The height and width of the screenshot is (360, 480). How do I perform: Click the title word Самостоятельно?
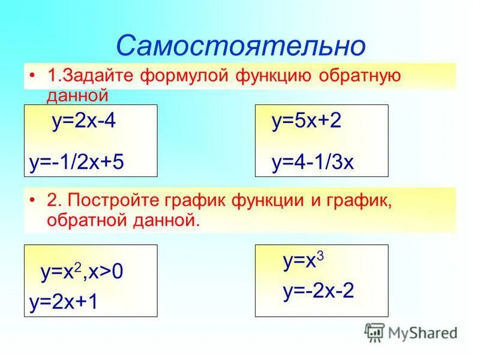click(x=240, y=46)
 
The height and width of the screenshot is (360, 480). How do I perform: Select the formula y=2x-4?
click(x=83, y=122)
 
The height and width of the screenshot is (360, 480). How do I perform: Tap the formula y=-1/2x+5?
click(x=76, y=162)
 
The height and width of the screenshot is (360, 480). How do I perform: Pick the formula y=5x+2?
click(x=306, y=122)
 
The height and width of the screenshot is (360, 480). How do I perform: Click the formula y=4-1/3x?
click(x=313, y=162)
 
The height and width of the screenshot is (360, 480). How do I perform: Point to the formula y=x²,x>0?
click(x=82, y=272)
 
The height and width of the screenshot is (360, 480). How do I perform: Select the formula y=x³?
click(x=303, y=261)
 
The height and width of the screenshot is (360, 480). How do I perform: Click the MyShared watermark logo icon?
click(x=374, y=332)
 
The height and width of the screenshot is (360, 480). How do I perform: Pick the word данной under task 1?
click(x=77, y=94)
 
